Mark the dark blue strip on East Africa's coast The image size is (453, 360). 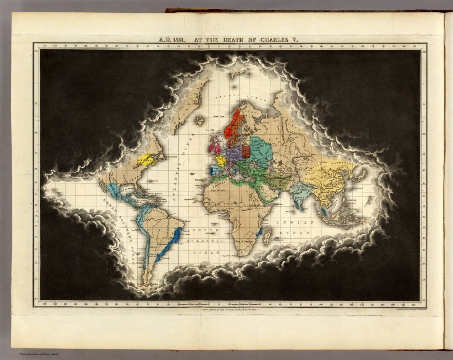(x=260, y=231)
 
